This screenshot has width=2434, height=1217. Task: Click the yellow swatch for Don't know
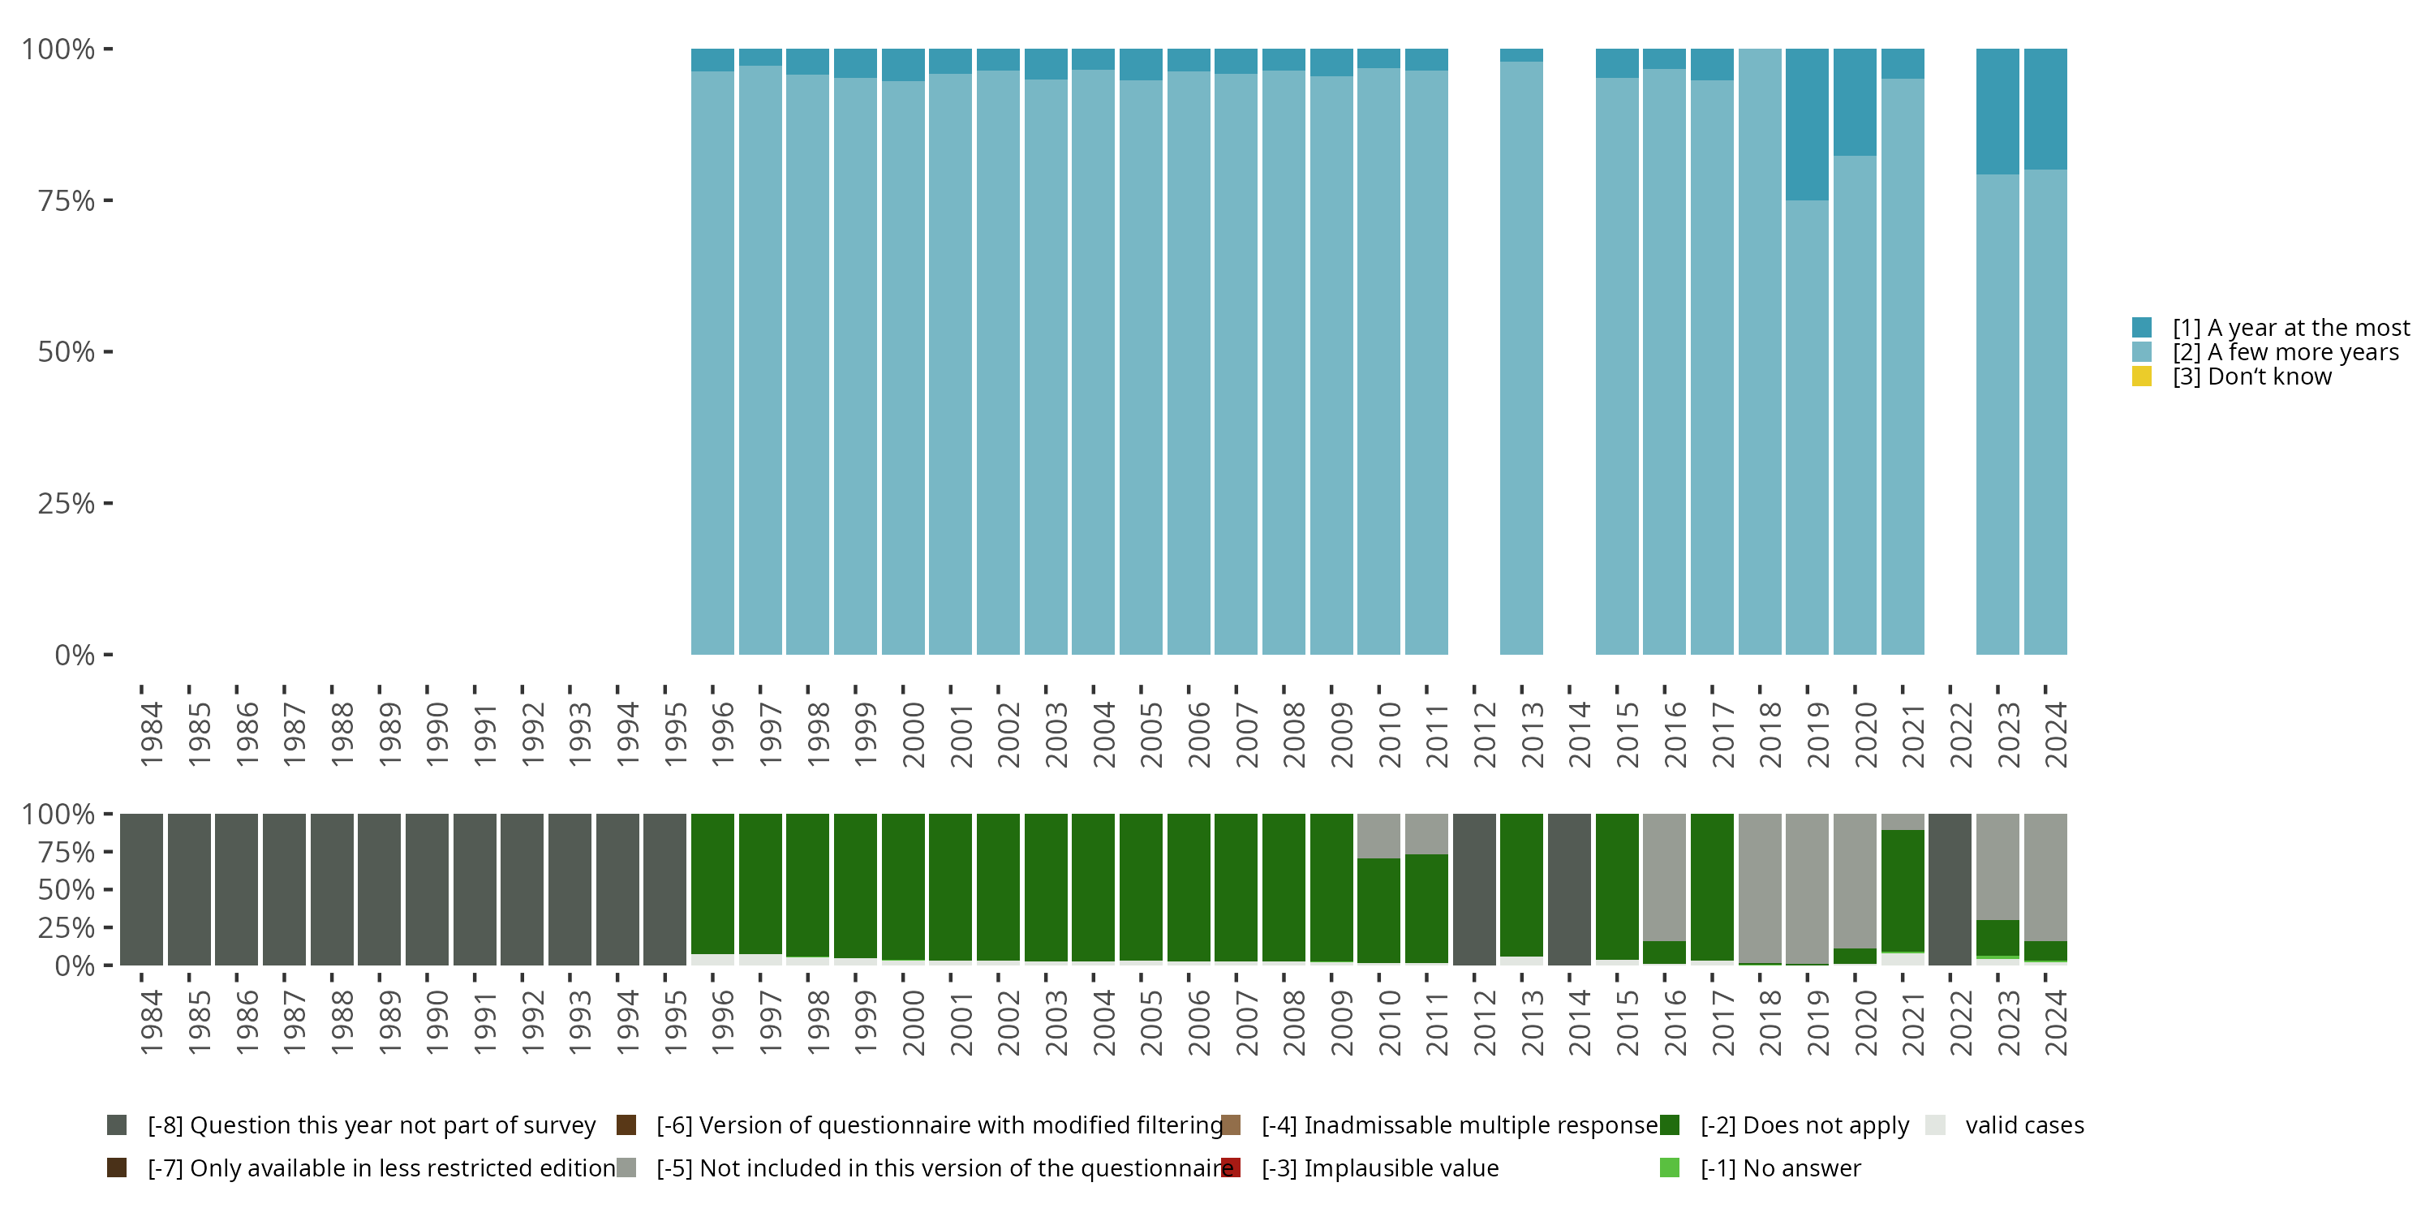tap(2141, 376)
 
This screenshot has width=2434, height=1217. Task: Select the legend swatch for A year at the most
tap(2141, 327)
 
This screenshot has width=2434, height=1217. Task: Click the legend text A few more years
tap(2285, 351)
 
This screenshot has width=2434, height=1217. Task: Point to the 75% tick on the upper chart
tap(108, 200)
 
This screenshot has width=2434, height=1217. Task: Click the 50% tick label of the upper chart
tap(67, 352)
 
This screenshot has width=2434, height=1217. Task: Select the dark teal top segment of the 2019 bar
tap(1807, 124)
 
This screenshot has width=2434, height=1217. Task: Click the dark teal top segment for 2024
tap(2045, 109)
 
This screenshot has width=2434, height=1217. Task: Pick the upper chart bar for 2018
tap(1759, 351)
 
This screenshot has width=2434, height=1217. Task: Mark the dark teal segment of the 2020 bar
tap(1855, 102)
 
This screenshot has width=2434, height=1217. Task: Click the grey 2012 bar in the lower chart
tap(1474, 889)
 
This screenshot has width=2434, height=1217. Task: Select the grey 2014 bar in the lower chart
tap(1568, 889)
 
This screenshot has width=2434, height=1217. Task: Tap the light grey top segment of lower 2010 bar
tap(1378, 836)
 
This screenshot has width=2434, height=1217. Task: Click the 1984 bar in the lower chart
tap(142, 889)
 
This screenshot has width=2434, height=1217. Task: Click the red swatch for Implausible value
tap(1230, 1168)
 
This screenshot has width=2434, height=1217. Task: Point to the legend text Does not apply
tap(1804, 1125)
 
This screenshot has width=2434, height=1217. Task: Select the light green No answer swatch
tap(1670, 1168)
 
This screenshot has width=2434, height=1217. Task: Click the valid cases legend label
tap(2024, 1125)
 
